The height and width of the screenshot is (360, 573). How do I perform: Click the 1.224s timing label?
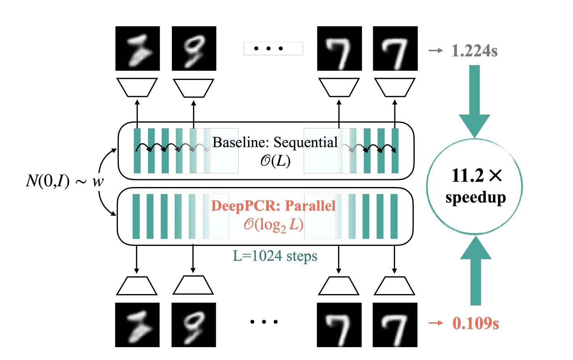474,51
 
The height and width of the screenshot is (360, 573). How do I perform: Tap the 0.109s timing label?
476,323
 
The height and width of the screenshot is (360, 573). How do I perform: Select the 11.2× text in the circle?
476,175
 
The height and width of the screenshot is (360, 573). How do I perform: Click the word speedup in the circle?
476,197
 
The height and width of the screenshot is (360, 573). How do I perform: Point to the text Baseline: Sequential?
275,142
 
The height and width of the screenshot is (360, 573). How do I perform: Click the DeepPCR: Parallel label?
273,205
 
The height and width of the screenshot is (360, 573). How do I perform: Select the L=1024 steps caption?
275,256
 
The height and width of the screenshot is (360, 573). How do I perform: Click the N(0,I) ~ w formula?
65,181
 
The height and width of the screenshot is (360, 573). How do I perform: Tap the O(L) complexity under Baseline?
275,160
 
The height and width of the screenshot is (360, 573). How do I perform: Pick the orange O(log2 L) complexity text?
274,225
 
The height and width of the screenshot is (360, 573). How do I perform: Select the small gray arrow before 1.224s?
436,51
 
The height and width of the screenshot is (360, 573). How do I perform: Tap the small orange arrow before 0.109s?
436,323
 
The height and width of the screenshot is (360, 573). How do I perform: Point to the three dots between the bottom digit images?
264,322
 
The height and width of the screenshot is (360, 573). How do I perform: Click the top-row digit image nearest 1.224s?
395,48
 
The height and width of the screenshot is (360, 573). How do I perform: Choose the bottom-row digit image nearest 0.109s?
395,325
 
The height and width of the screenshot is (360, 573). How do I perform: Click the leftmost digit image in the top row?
137,48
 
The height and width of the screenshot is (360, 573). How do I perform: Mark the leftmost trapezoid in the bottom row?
137,286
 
